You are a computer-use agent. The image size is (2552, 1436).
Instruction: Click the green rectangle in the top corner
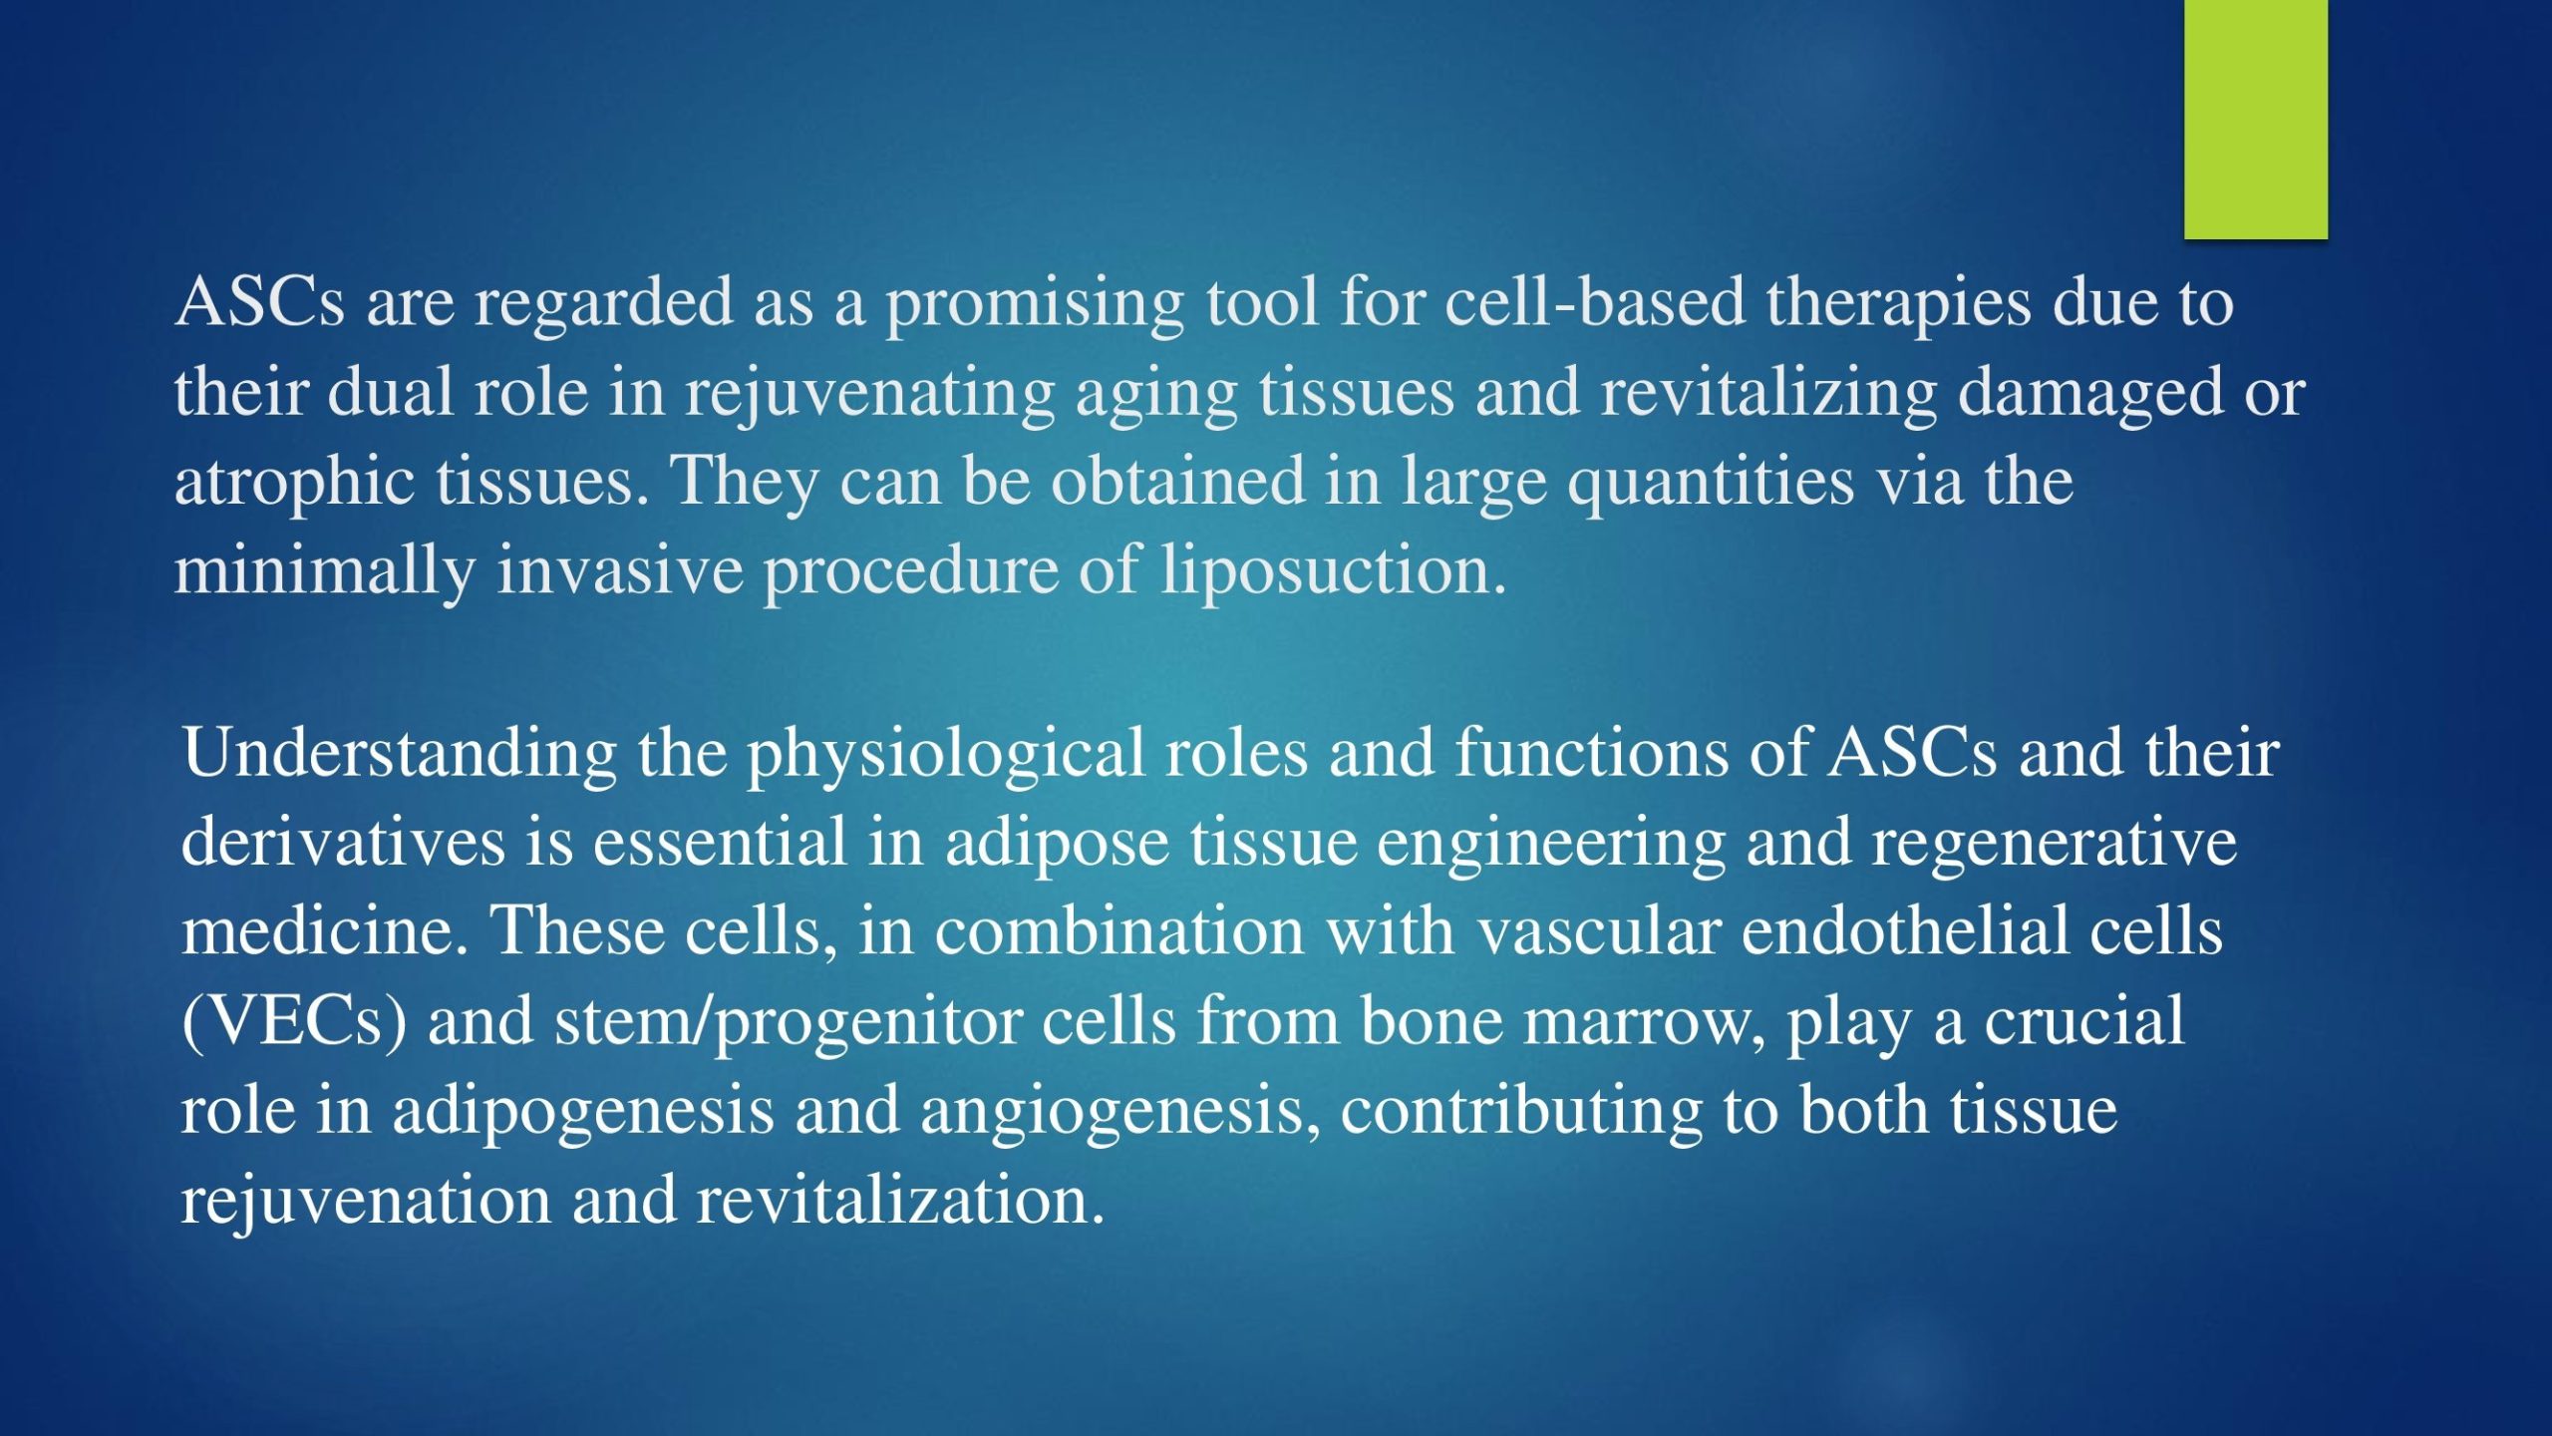pos(2256,119)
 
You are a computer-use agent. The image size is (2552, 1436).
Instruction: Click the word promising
pos(1035,304)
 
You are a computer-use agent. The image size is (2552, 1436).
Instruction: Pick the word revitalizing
pos(1769,394)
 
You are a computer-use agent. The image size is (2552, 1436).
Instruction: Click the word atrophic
pos(294,484)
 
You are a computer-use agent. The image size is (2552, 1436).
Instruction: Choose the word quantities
pos(1711,484)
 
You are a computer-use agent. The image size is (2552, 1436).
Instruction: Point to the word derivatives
pos(343,842)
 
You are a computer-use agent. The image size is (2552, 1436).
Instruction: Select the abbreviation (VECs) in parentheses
pos(294,1023)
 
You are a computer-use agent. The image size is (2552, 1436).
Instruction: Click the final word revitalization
pos(901,1201)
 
